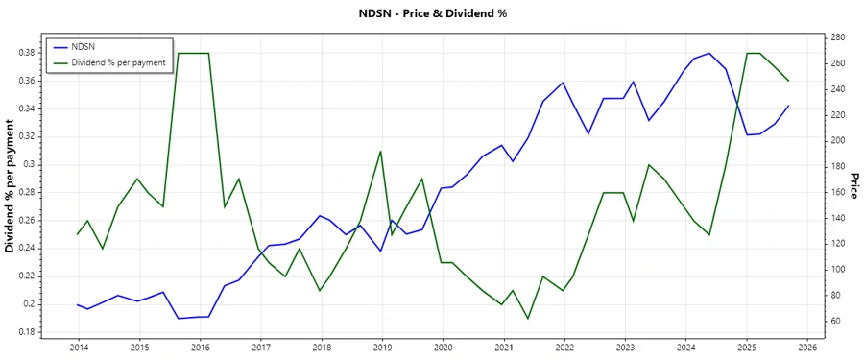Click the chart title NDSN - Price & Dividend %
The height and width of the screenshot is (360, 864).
pos(431,13)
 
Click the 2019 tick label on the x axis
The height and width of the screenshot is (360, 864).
pos(381,348)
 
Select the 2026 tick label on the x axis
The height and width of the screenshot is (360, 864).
pos(806,348)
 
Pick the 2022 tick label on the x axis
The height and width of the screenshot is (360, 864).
pos(564,348)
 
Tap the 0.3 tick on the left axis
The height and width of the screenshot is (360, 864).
pos(31,164)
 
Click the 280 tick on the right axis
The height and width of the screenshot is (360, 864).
pos(837,37)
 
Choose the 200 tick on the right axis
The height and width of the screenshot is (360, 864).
pos(837,140)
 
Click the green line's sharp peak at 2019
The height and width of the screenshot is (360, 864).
pos(381,151)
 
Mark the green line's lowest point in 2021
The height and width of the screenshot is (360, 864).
pos(527,319)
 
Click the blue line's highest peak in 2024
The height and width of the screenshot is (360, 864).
pos(708,53)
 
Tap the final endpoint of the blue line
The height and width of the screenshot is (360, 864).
pos(788,106)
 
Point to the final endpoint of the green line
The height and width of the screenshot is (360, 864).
pos(788,81)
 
